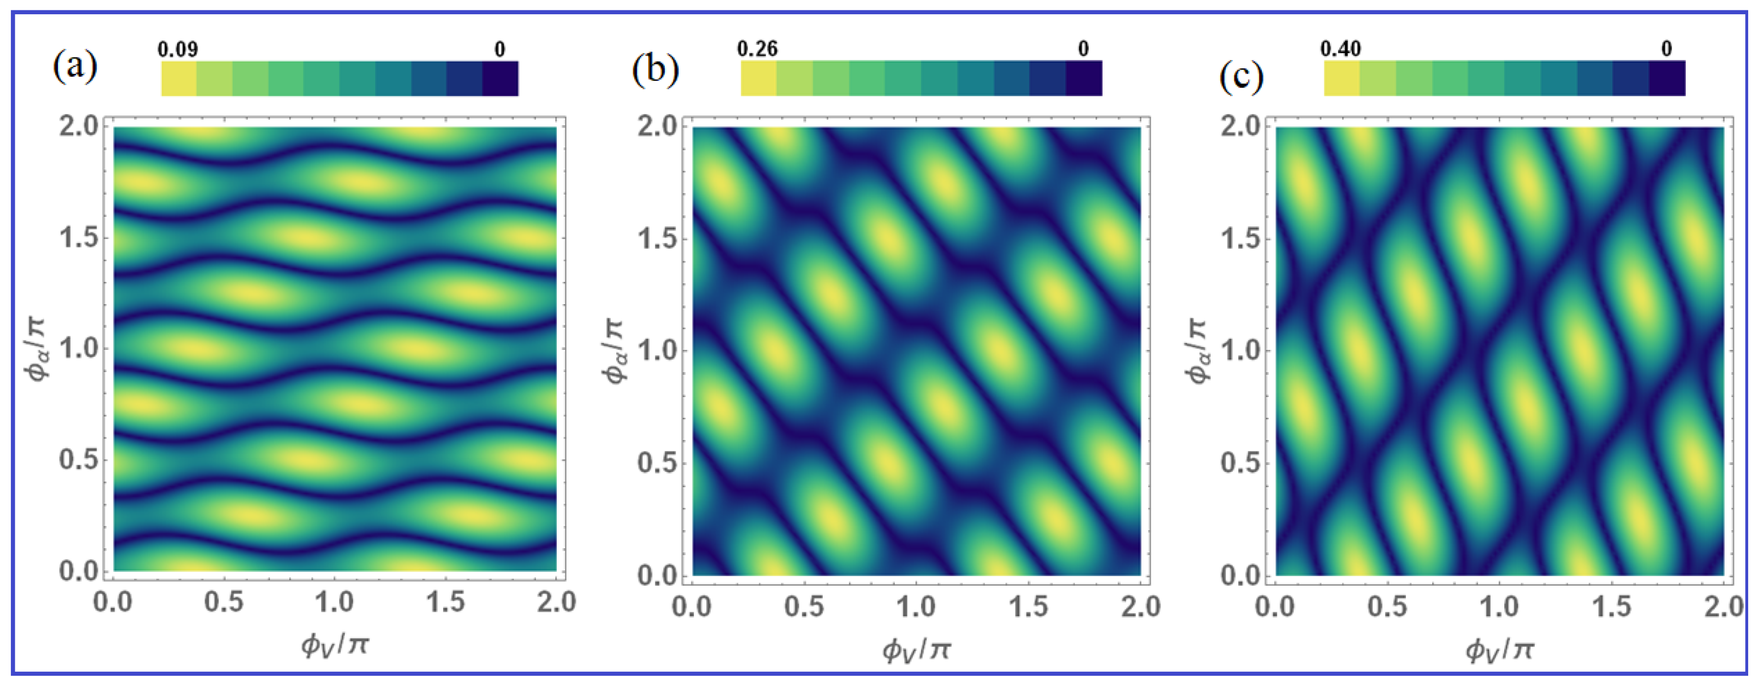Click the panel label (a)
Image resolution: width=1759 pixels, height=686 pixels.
click(75, 66)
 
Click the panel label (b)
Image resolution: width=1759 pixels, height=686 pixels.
click(655, 69)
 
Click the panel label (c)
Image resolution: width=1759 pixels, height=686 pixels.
click(1241, 77)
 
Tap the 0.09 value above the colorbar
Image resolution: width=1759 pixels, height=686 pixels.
click(178, 49)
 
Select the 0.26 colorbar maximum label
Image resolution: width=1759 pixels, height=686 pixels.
click(757, 49)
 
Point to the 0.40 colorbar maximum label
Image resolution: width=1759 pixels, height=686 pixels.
click(1341, 49)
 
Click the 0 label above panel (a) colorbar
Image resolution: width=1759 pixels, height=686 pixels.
click(500, 49)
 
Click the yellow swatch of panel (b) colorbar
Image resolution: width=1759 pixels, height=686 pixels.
click(759, 78)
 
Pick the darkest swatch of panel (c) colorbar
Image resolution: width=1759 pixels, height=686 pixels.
click(1667, 78)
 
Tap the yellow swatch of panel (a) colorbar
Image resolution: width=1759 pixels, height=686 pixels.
click(179, 78)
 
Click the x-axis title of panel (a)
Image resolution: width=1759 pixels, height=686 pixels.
click(334, 644)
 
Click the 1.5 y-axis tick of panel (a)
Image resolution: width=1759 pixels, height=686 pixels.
click(79, 238)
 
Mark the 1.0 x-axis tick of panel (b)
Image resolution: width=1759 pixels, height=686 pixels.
click(916, 607)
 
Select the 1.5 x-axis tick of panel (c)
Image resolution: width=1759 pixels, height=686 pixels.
click(1611, 607)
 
